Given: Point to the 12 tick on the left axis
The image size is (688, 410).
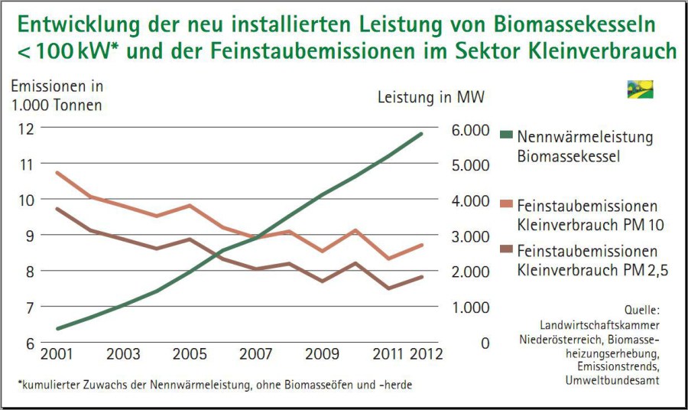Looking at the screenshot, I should tap(25, 129).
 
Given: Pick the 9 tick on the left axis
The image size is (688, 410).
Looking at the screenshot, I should tap(28, 236).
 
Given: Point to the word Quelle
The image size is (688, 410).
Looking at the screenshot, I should tap(641, 311).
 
